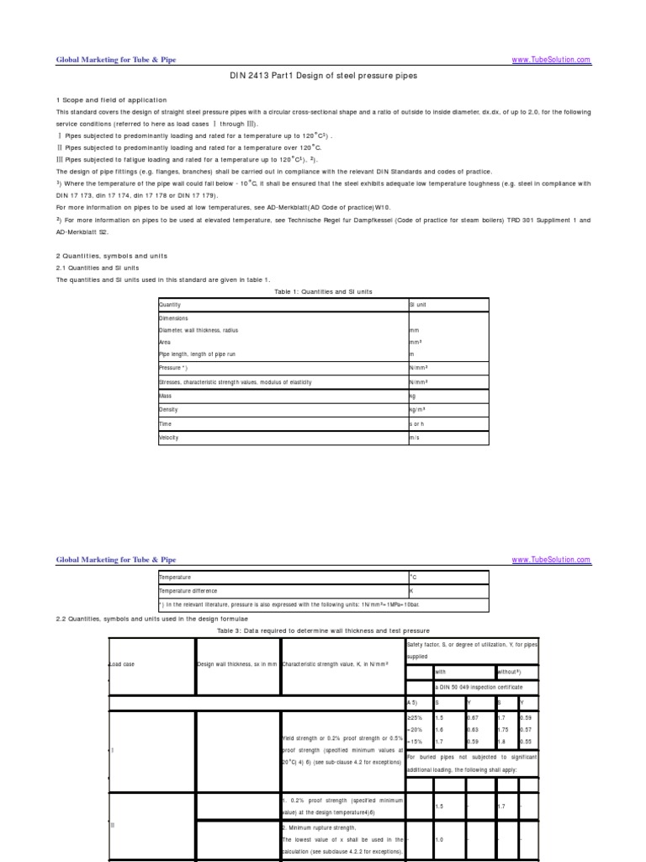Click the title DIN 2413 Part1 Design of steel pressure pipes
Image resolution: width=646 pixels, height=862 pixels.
click(323, 76)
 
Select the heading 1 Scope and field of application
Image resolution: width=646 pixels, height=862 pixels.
click(111, 100)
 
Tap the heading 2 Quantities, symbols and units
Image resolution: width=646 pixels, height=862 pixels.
click(112, 256)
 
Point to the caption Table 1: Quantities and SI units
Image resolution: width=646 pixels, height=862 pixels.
click(323, 291)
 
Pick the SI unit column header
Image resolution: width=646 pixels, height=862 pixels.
click(418, 305)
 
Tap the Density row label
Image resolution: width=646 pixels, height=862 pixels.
click(167, 409)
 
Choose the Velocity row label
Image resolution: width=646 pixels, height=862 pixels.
click(169, 438)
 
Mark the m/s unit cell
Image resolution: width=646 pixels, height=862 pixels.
click(414, 438)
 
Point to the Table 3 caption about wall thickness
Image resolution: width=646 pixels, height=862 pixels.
click(323, 631)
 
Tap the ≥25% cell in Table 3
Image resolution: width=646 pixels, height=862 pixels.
click(415, 717)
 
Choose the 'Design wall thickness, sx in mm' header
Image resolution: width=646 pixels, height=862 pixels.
click(236, 664)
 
